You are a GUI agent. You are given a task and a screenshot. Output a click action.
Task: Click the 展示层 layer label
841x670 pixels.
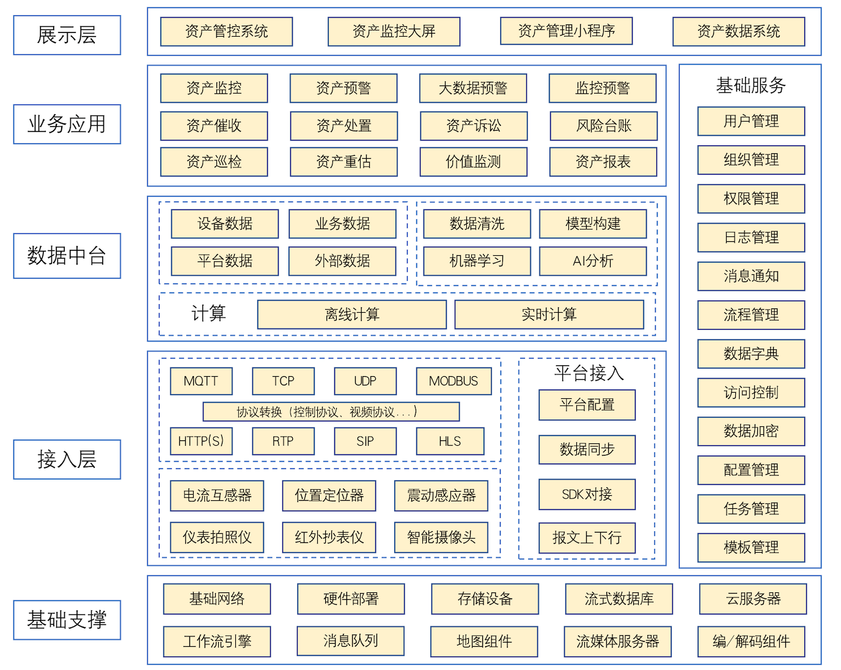coord(67,35)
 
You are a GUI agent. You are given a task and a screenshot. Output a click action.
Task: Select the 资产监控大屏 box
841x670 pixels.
coord(394,31)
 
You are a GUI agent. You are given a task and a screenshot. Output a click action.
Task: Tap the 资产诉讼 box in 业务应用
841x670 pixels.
coord(473,126)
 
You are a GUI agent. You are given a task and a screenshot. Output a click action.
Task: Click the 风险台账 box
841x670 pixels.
coord(603,126)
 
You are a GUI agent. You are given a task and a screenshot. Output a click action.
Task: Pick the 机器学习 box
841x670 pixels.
coord(477,261)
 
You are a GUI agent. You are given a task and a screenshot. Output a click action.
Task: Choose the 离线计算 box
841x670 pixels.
coord(351,315)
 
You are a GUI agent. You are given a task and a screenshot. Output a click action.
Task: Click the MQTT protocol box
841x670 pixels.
coord(201,381)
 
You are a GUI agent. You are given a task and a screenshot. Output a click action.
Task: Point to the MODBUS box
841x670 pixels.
coord(454,381)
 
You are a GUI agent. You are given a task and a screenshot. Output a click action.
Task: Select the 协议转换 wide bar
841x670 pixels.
coord(331,412)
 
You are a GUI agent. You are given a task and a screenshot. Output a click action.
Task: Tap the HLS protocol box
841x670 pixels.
coord(450,441)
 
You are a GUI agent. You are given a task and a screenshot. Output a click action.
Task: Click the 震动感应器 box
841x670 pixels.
coord(441,495)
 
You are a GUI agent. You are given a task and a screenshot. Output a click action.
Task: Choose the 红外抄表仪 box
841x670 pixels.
coord(329,537)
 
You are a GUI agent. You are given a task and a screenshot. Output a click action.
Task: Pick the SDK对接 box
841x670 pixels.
coord(587,494)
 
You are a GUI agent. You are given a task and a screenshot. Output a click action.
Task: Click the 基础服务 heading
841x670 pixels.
coord(751,85)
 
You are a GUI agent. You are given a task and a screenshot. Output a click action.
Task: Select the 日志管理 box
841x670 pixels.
coord(751,237)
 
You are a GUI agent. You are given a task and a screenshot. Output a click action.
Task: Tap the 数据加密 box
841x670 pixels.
coord(751,431)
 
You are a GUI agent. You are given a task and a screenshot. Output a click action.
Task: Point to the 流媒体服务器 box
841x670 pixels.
coord(617,641)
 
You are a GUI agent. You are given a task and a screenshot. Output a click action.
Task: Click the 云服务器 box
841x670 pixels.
coord(753,599)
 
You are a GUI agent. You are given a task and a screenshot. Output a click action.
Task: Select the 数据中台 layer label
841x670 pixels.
coord(67,255)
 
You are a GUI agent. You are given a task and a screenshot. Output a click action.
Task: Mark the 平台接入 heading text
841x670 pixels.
coord(589,373)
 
